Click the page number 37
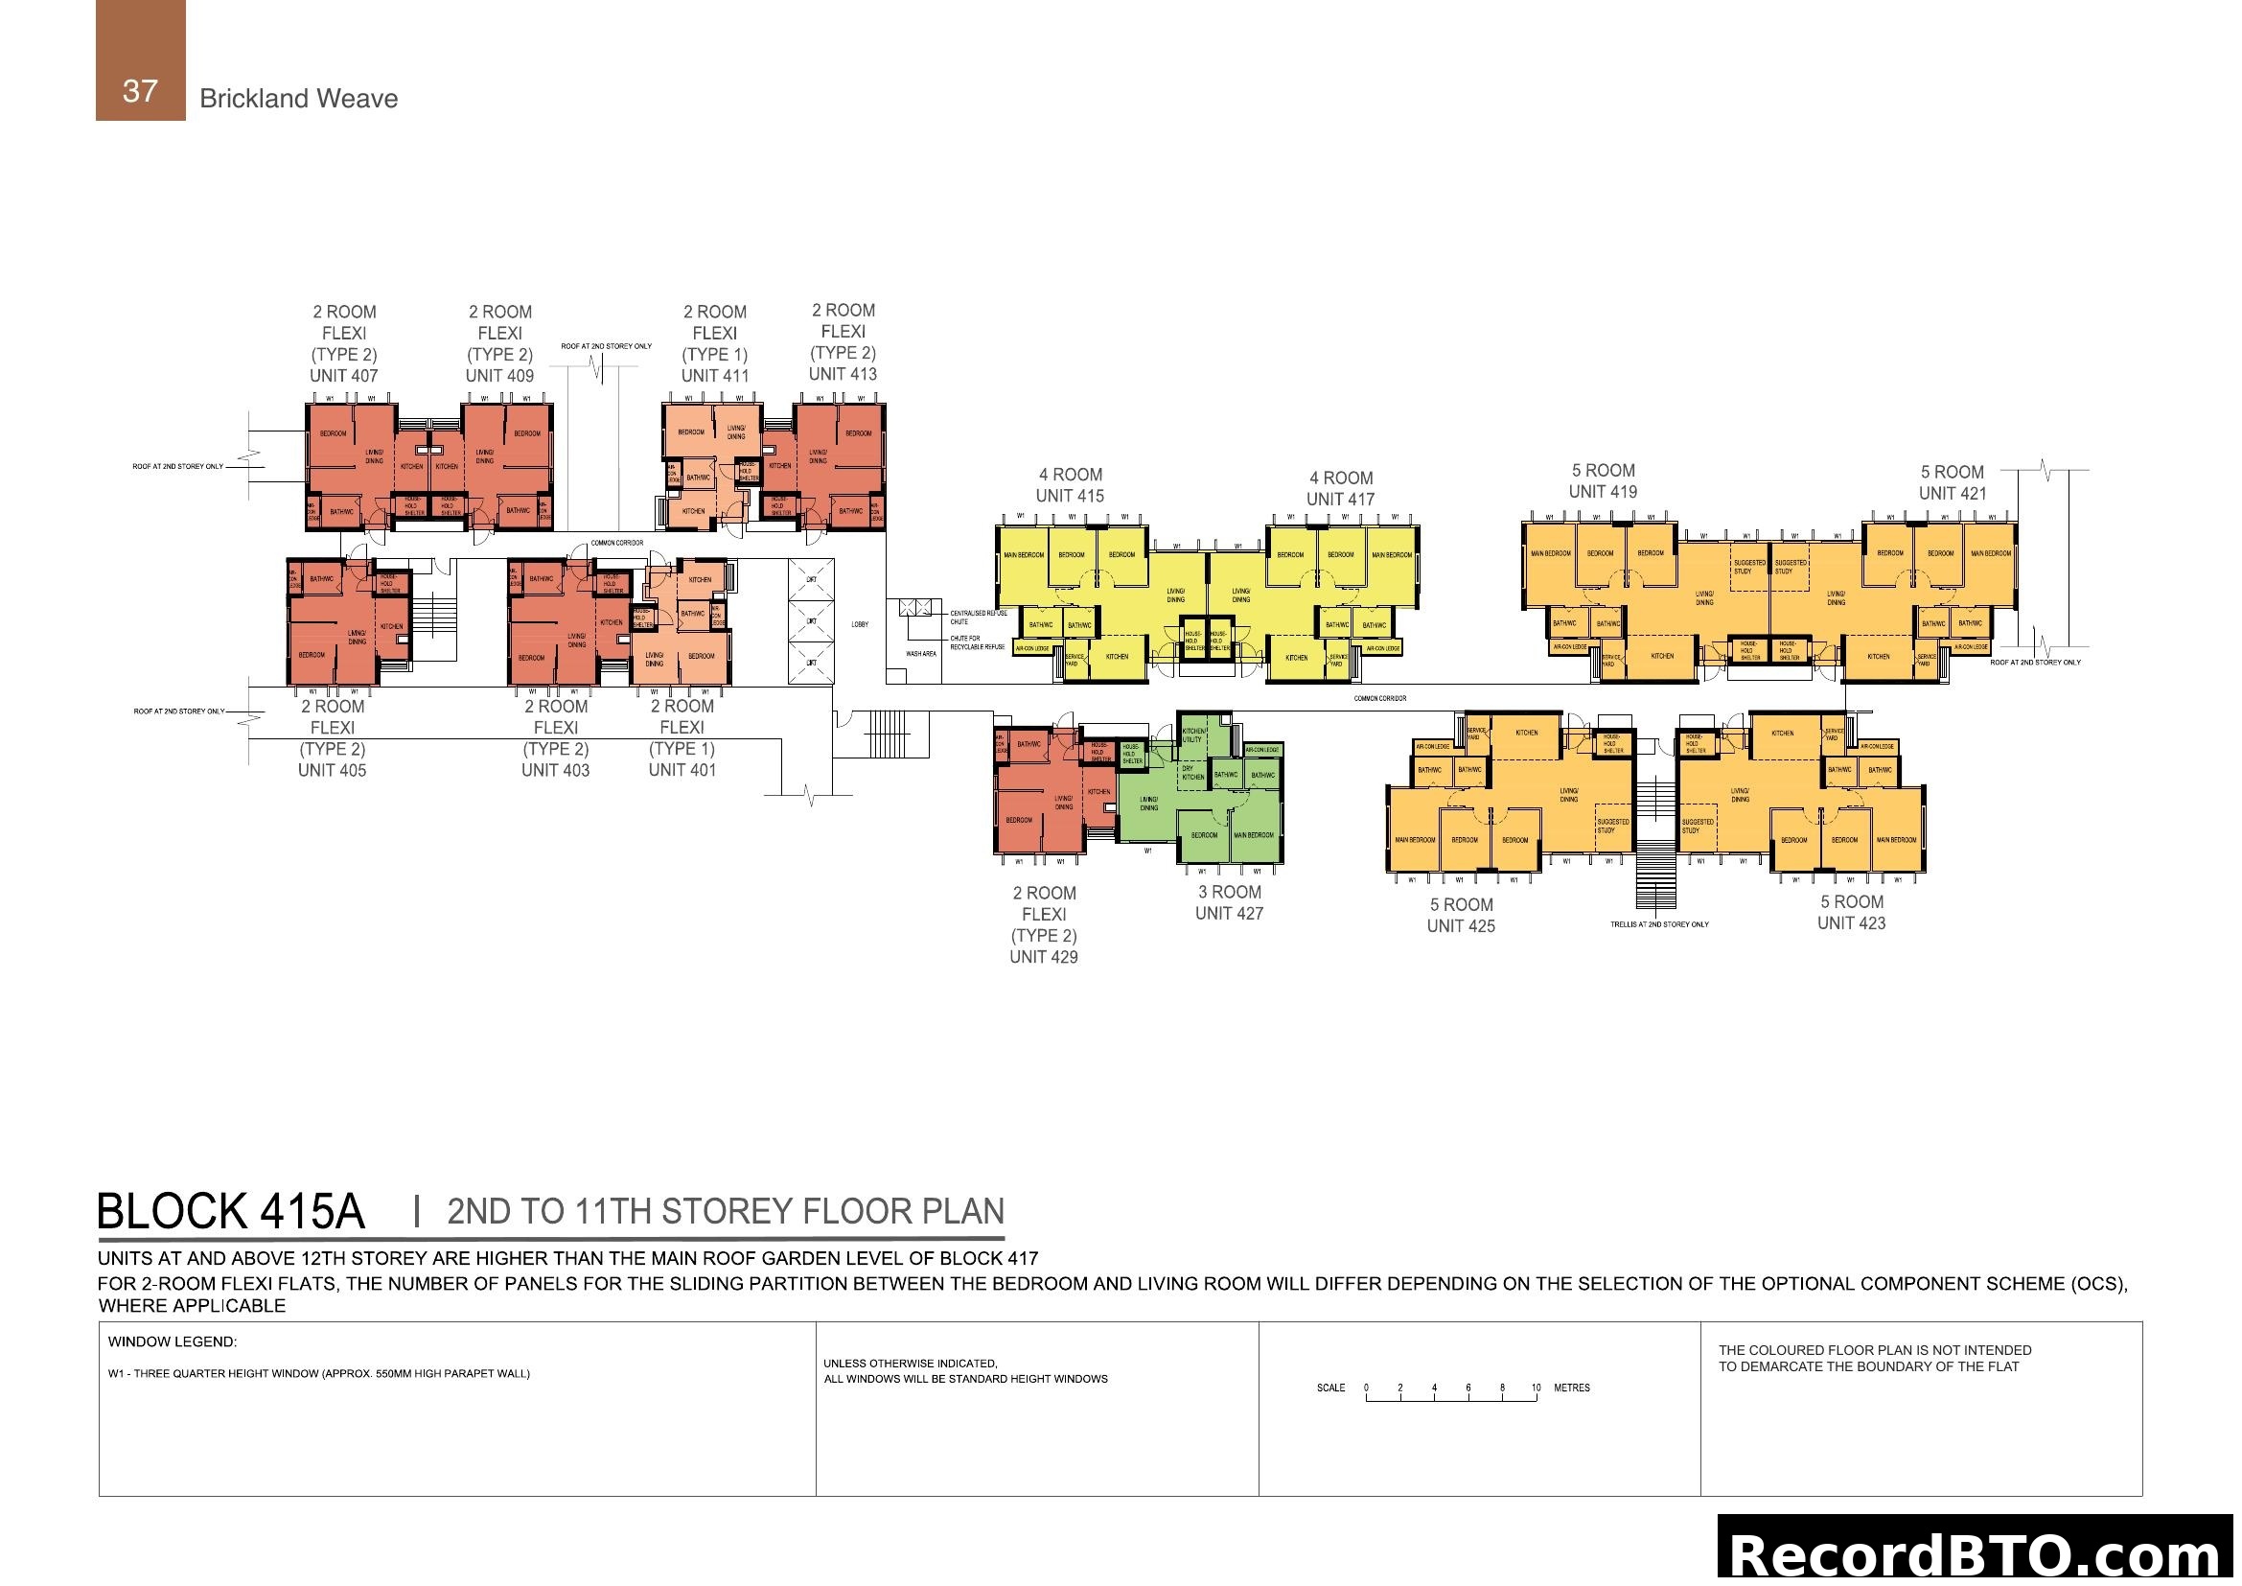click(140, 91)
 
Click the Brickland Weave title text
click(298, 99)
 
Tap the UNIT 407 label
click(344, 376)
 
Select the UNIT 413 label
click(843, 374)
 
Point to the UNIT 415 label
click(1070, 496)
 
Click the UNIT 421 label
click(1952, 493)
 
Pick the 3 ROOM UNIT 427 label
click(1229, 902)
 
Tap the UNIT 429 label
click(1043, 957)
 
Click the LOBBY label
click(859, 624)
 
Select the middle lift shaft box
click(811, 621)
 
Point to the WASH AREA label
click(921, 653)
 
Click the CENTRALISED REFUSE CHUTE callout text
click(978, 618)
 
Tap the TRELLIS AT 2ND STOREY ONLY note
click(1659, 923)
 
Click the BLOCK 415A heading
click(230, 1212)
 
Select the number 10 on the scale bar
click(1536, 1387)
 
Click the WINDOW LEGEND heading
click(172, 1341)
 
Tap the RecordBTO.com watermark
click(1976, 1552)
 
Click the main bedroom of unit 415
click(1024, 554)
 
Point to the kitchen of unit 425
click(1526, 733)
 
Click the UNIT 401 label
click(682, 771)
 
